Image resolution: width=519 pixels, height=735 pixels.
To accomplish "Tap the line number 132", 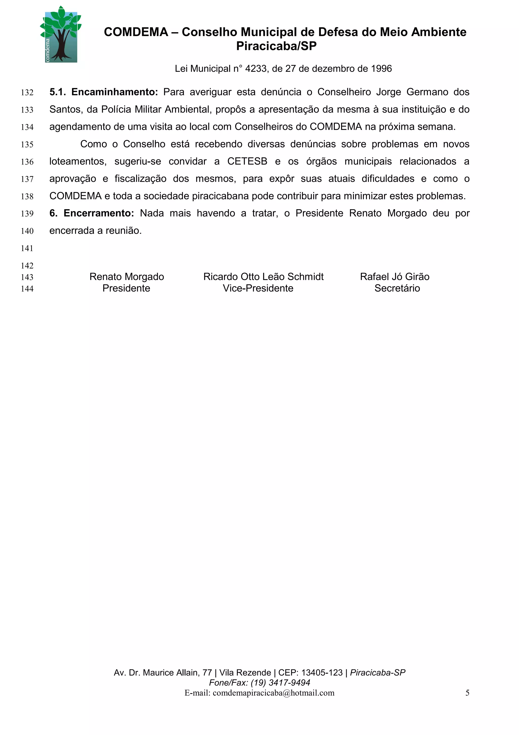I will tap(27, 93).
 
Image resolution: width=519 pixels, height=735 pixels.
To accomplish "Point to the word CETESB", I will tap(247, 161).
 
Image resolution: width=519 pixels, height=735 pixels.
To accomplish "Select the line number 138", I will tap(27, 197).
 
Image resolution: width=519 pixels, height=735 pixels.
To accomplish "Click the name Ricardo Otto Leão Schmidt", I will tap(263, 277).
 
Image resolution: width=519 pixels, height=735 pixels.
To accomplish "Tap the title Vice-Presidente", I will tap(258, 288).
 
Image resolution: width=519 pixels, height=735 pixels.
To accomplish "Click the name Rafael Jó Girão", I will tap(394, 277).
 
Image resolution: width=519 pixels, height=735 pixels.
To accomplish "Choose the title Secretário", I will tap(397, 288).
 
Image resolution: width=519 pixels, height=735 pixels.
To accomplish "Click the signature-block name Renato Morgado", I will tap(127, 277).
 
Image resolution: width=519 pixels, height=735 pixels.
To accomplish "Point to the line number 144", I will tap(27, 289).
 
